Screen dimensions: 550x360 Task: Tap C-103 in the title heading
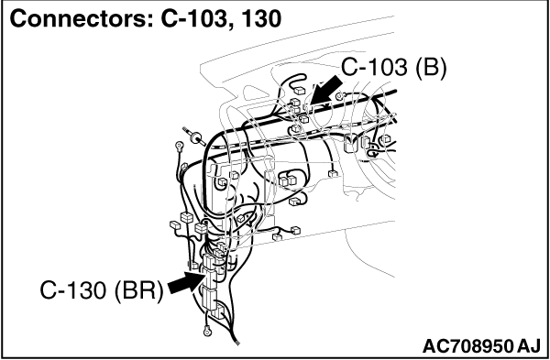click(x=192, y=18)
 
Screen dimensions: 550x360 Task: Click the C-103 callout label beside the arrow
click(x=374, y=67)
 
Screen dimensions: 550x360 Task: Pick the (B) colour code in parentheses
click(x=431, y=67)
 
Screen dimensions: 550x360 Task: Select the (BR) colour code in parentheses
click(x=138, y=290)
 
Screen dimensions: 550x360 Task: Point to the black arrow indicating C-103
click(x=324, y=90)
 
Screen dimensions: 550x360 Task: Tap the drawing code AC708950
click(x=467, y=346)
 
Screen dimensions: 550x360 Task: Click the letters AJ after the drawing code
click(x=528, y=346)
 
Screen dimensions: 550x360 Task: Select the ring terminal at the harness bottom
click(x=207, y=330)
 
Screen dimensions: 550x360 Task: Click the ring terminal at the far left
click(x=180, y=145)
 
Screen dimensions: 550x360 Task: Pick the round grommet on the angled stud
click(x=195, y=137)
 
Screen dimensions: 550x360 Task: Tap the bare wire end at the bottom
click(x=237, y=342)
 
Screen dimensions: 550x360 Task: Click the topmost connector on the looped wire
click(x=300, y=91)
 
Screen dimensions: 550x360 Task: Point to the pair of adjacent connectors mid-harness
click(x=288, y=180)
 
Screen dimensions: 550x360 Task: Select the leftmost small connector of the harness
click(x=175, y=224)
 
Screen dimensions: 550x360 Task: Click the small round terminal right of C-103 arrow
click(x=339, y=95)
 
